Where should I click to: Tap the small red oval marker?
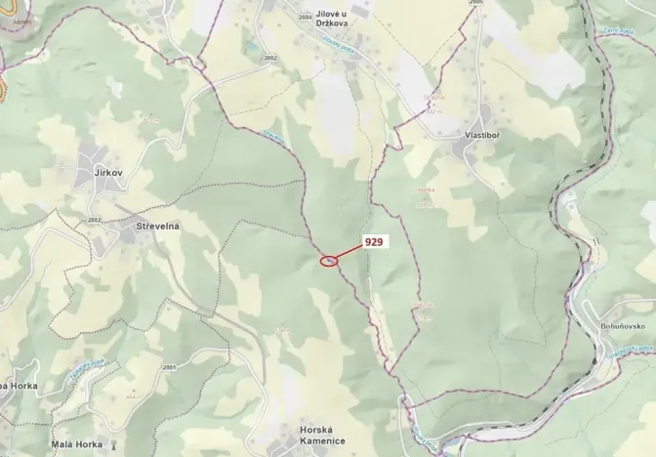330,261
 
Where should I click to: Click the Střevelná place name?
150,227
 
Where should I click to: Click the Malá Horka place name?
76,444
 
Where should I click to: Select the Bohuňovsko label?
629,326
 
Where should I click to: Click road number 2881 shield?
169,367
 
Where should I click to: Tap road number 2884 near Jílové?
306,18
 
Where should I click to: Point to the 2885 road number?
475,3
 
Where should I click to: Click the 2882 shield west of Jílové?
269,59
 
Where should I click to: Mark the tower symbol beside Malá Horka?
112,444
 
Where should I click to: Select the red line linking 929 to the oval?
350,251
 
